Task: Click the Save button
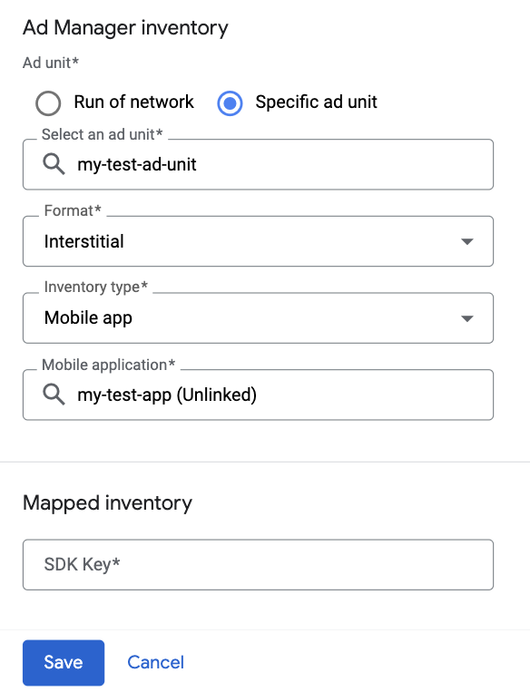(x=64, y=662)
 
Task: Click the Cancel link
(x=155, y=662)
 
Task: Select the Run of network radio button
(x=48, y=103)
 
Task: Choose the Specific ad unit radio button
(x=230, y=103)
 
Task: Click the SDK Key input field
(x=258, y=564)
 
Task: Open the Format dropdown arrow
(x=467, y=241)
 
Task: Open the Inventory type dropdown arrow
(x=467, y=318)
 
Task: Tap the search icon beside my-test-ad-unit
(x=54, y=164)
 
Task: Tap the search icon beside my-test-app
(x=54, y=395)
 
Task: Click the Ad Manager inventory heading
(x=125, y=28)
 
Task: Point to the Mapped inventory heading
(x=107, y=503)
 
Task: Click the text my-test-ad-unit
(x=137, y=165)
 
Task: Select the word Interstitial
(x=83, y=241)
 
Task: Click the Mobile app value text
(x=88, y=318)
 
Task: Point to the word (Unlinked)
(x=216, y=395)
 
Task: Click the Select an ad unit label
(x=102, y=134)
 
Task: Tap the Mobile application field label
(x=108, y=365)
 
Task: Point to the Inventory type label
(x=96, y=288)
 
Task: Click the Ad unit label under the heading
(x=51, y=63)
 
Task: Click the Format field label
(x=73, y=210)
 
